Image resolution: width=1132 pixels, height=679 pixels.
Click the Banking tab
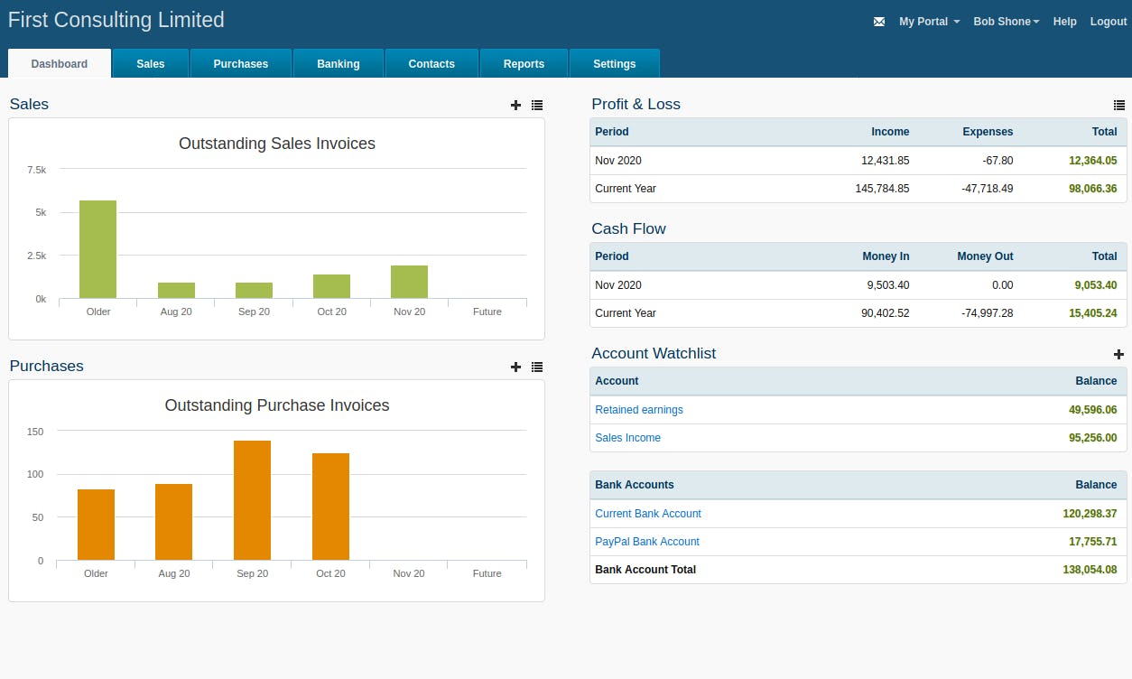click(x=338, y=64)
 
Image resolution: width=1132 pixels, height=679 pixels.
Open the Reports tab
click(x=524, y=64)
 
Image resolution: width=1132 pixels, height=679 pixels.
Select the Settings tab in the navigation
click(x=614, y=64)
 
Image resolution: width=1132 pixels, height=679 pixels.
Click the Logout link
click(x=1108, y=22)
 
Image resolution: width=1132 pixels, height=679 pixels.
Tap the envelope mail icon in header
click(x=879, y=22)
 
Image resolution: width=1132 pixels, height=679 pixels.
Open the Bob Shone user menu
click(x=1006, y=22)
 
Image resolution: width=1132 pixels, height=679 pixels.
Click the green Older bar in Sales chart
click(x=97, y=249)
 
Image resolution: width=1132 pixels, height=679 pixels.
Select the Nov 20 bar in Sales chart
click(x=409, y=282)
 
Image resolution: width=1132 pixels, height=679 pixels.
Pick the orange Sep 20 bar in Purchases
click(x=252, y=500)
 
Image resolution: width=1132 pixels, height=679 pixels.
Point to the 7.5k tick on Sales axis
click(x=37, y=170)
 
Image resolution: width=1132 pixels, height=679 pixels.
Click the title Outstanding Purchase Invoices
click(x=276, y=405)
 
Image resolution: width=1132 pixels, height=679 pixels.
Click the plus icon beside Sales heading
click(x=515, y=106)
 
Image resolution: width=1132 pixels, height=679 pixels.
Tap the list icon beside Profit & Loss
click(x=1118, y=106)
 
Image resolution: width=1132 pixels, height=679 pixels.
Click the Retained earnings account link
click(x=638, y=410)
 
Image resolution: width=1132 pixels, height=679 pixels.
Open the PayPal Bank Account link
click(x=646, y=542)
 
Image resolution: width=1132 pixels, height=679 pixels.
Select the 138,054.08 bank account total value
click(x=1090, y=570)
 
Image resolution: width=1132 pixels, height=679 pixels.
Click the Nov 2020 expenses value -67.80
click(x=996, y=161)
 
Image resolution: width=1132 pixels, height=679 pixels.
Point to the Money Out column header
click(x=985, y=256)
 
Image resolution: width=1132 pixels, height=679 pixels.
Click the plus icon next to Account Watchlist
click(x=1118, y=355)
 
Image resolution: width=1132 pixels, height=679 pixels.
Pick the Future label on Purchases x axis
click(x=487, y=573)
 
